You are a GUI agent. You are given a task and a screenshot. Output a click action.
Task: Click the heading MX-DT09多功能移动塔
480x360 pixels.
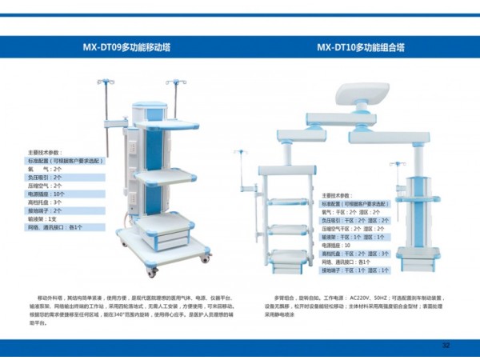(x=126, y=47)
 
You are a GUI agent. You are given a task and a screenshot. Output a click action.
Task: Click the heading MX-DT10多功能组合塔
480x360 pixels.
(x=360, y=47)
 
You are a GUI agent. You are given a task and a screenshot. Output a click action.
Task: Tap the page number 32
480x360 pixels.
(x=446, y=346)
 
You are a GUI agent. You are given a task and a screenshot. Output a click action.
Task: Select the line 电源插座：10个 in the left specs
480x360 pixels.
(x=47, y=194)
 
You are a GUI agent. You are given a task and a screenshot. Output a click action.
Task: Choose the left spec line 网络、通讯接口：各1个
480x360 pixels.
(x=55, y=227)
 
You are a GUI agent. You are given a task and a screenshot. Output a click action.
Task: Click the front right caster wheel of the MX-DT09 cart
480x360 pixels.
(x=206, y=258)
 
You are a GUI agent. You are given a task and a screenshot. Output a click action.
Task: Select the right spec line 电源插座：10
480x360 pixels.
(x=336, y=245)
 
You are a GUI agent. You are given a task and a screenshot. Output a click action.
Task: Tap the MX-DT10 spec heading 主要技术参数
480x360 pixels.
(x=336, y=195)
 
